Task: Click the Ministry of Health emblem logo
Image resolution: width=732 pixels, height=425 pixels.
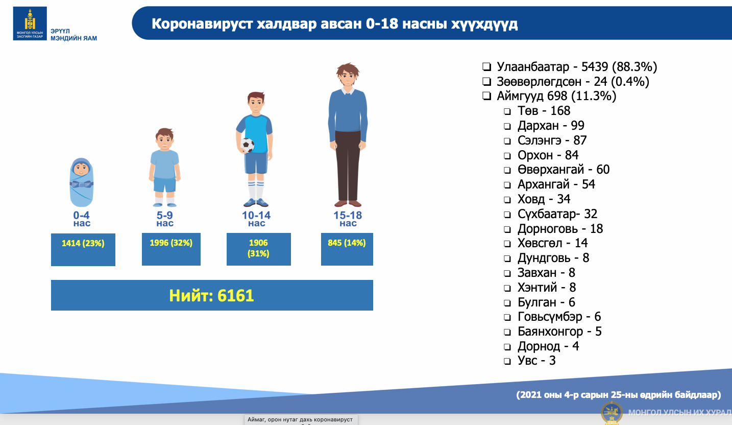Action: tap(30, 23)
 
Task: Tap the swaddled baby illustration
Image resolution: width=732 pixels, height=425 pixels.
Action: tap(81, 182)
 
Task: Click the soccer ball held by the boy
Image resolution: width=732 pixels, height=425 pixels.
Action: tap(247, 146)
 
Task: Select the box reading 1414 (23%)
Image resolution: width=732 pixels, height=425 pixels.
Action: tap(83, 249)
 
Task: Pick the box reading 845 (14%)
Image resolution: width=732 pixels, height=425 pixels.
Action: tap(347, 249)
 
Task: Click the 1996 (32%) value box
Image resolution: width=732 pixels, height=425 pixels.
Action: tap(171, 249)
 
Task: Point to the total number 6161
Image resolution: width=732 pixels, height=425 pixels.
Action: tap(235, 296)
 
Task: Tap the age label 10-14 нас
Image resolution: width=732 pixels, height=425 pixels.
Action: tap(256, 219)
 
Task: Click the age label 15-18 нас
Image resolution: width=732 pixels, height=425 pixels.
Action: tap(348, 219)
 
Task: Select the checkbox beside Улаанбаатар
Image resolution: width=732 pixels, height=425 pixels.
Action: tap(486, 67)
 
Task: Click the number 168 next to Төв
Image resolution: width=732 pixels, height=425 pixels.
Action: tap(560, 111)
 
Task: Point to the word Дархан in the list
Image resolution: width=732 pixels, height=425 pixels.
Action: tap(538, 126)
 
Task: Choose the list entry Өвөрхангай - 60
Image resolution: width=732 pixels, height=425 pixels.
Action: tap(564, 170)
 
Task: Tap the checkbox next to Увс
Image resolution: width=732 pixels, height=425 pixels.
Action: tap(507, 361)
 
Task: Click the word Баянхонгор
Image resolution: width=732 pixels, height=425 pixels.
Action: tap(550, 332)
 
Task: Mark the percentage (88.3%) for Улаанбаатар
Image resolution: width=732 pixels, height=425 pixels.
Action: tap(635, 67)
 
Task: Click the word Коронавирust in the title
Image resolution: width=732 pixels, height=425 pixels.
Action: tap(202, 24)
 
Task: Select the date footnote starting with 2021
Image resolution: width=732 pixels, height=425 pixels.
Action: tap(619, 394)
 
